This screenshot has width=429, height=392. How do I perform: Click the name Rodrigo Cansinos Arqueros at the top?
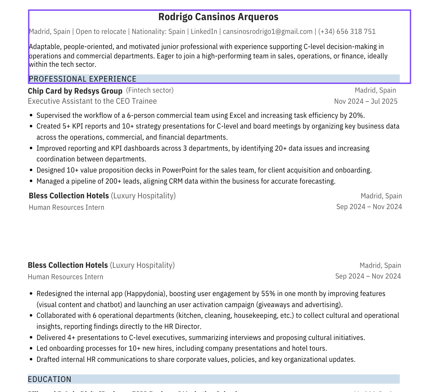[218, 17]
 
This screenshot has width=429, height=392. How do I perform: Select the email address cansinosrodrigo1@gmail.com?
[267, 32]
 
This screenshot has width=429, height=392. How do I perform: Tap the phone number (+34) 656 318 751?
[347, 32]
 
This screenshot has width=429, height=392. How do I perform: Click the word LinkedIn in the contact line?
[204, 32]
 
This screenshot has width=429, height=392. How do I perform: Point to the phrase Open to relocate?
[101, 32]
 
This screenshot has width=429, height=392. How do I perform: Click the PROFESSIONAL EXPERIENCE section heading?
[83, 79]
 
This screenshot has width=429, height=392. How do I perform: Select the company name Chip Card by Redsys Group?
[75, 91]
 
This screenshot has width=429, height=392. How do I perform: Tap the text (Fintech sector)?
[150, 90]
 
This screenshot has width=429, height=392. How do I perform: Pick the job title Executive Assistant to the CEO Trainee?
[92, 101]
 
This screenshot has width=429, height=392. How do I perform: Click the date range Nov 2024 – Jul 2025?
[366, 101]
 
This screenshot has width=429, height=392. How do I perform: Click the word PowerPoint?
[180, 170]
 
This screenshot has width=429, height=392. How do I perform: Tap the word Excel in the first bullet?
[238, 115]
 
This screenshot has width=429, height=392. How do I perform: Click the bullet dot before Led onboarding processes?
[31, 348]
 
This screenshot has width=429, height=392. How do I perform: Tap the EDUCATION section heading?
[50, 379]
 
